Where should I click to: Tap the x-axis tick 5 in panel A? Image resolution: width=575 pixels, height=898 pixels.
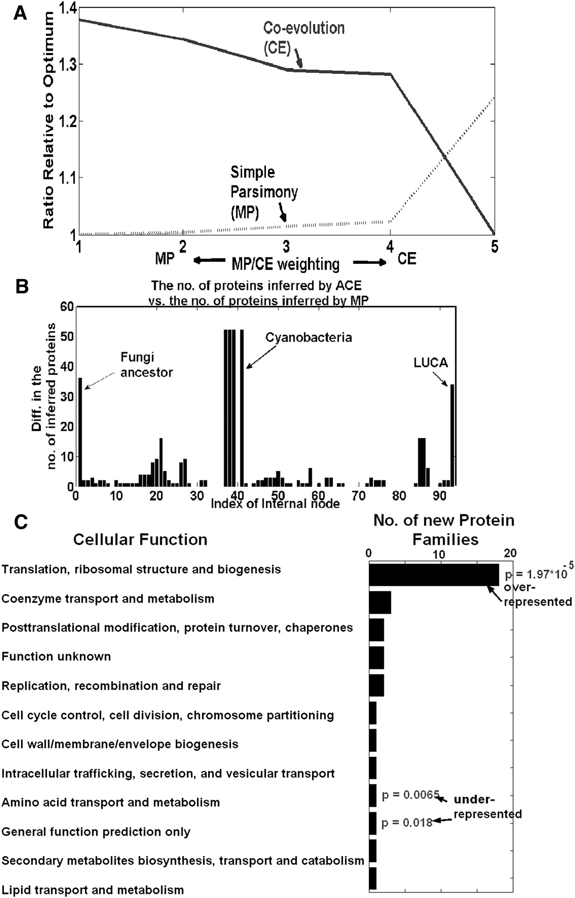click(494, 246)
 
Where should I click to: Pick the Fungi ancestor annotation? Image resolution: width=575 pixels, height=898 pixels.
click(146, 365)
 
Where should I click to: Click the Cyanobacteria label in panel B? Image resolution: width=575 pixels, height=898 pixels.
click(308, 337)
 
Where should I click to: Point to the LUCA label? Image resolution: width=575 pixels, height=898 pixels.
click(430, 363)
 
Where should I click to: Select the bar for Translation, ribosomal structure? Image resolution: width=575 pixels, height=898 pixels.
click(433, 575)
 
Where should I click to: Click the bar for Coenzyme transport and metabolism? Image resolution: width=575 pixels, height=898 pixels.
click(380, 603)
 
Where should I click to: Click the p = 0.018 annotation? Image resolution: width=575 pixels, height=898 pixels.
click(407, 823)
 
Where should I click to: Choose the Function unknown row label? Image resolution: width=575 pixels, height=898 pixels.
click(56, 656)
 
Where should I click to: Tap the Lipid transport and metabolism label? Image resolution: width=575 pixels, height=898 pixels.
click(93, 890)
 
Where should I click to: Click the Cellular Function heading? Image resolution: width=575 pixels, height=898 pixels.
click(140, 539)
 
